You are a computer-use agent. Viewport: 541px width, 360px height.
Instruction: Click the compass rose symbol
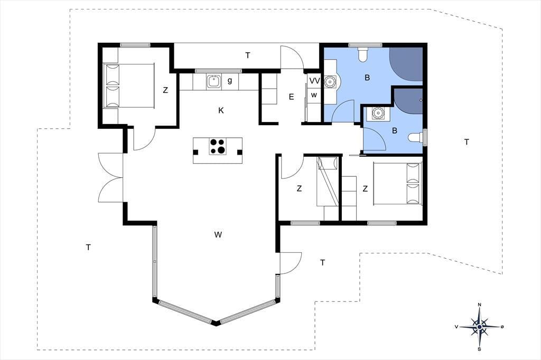pos(480,327)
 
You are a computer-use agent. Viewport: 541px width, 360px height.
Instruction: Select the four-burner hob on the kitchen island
pos(218,146)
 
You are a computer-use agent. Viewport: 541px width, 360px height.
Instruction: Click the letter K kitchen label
pos(221,110)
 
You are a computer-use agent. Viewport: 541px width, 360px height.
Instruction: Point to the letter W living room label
pos(218,235)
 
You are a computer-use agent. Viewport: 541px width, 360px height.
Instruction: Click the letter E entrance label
pos(291,97)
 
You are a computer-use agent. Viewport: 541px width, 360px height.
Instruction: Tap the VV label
pos(315,81)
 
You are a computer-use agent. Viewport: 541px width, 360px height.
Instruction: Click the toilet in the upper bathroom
pos(362,54)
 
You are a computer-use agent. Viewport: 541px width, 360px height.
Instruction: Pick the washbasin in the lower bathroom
pos(378,113)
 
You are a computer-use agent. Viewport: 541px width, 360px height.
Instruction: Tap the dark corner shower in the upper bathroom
pos(406,64)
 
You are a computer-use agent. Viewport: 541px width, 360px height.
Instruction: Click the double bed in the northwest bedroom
pos(128,86)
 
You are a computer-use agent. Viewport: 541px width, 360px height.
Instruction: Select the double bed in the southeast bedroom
pos(398,184)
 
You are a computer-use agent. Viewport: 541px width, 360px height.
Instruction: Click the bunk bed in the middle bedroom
pos(328,182)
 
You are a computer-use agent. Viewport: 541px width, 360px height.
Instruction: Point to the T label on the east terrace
pos(467,141)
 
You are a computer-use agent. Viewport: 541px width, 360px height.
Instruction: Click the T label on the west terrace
pos(89,247)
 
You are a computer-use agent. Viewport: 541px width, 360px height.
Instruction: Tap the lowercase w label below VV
pos(314,95)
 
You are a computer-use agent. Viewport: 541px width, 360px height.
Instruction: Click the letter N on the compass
pos(479,305)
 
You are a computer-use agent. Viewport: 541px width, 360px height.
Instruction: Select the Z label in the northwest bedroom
pos(165,90)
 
